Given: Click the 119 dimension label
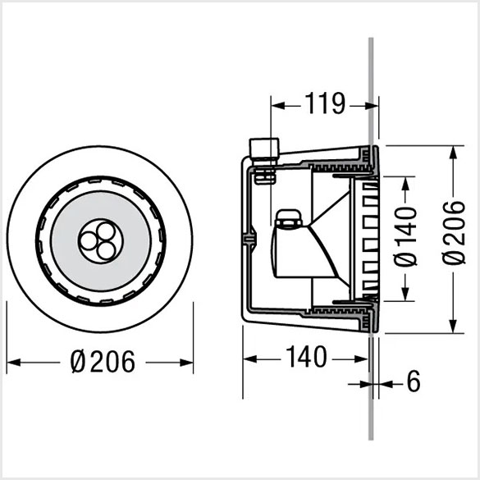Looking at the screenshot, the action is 325,103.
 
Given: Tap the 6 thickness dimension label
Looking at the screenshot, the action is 414,381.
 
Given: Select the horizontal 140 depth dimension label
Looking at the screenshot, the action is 306,356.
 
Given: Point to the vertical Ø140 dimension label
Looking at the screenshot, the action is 405,236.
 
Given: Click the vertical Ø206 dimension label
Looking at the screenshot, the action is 454,233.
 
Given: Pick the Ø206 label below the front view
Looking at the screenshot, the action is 103,362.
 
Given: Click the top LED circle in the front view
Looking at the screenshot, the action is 105,231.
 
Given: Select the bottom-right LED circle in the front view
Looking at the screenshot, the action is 106,251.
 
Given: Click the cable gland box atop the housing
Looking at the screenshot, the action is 264,149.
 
